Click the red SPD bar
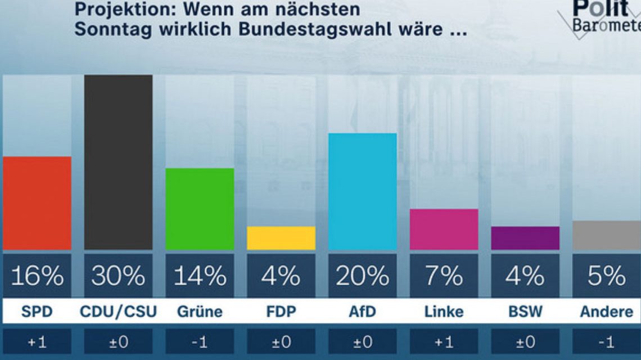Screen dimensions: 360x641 tap(37, 203)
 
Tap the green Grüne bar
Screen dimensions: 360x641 tap(200, 209)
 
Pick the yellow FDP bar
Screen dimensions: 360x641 tap(281, 238)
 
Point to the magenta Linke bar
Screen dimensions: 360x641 tap(444, 229)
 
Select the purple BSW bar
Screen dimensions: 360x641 tap(525, 238)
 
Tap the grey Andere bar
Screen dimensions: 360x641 tap(607, 235)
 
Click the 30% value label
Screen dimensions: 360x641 tap(118, 276)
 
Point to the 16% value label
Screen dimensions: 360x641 tap(37, 276)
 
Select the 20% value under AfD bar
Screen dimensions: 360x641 tap(363, 276)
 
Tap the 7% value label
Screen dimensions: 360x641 tap(444, 276)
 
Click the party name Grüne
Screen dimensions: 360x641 tap(200, 312)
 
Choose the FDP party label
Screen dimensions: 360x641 tap(281, 312)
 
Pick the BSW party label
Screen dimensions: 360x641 tap(525, 312)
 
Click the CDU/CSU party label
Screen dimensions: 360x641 tap(118, 312)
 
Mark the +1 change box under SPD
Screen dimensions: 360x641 tap(37, 342)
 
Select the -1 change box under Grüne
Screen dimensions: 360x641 tap(200, 342)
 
